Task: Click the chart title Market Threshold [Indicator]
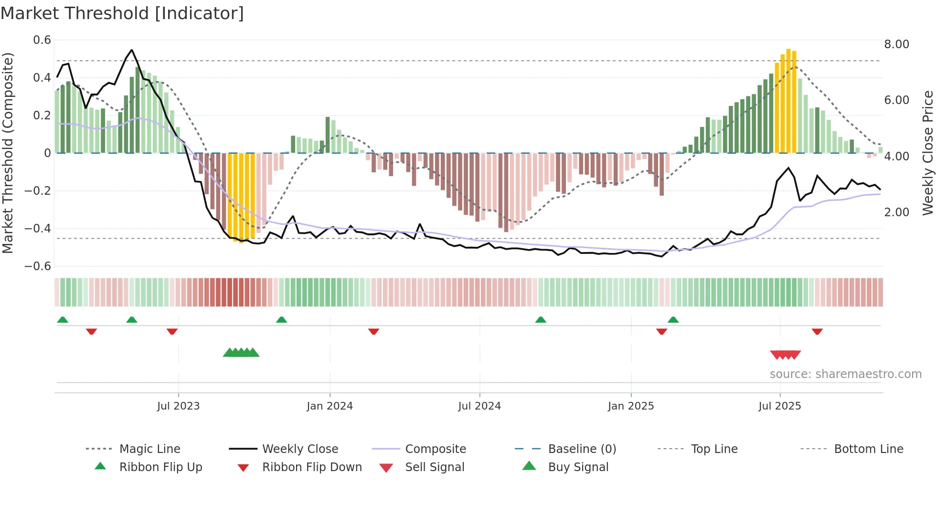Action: click(x=122, y=13)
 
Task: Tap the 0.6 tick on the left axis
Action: click(x=42, y=40)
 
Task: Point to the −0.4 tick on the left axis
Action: click(x=38, y=229)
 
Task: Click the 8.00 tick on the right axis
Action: click(x=896, y=44)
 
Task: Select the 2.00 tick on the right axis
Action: click(x=896, y=212)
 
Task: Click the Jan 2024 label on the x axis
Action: click(x=330, y=406)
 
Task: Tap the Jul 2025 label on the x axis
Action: click(x=779, y=406)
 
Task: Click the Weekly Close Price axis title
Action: click(x=927, y=153)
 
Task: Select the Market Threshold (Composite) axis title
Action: click(x=8, y=153)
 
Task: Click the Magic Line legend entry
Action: click(x=149, y=449)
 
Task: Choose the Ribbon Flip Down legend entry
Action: click(x=312, y=467)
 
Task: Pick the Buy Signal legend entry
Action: click(x=578, y=467)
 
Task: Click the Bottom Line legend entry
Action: click(x=868, y=449)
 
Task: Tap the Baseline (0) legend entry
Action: click(x=582, y=449)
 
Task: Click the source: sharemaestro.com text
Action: click(x=845, y=374)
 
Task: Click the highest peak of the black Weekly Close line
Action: click(x=132, y=50)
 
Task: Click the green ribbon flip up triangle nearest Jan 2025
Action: click(x=673, y=320)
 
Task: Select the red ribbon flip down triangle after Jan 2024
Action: click(x=373, y=331)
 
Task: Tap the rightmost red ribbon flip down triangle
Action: click(x=817, y=331)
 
